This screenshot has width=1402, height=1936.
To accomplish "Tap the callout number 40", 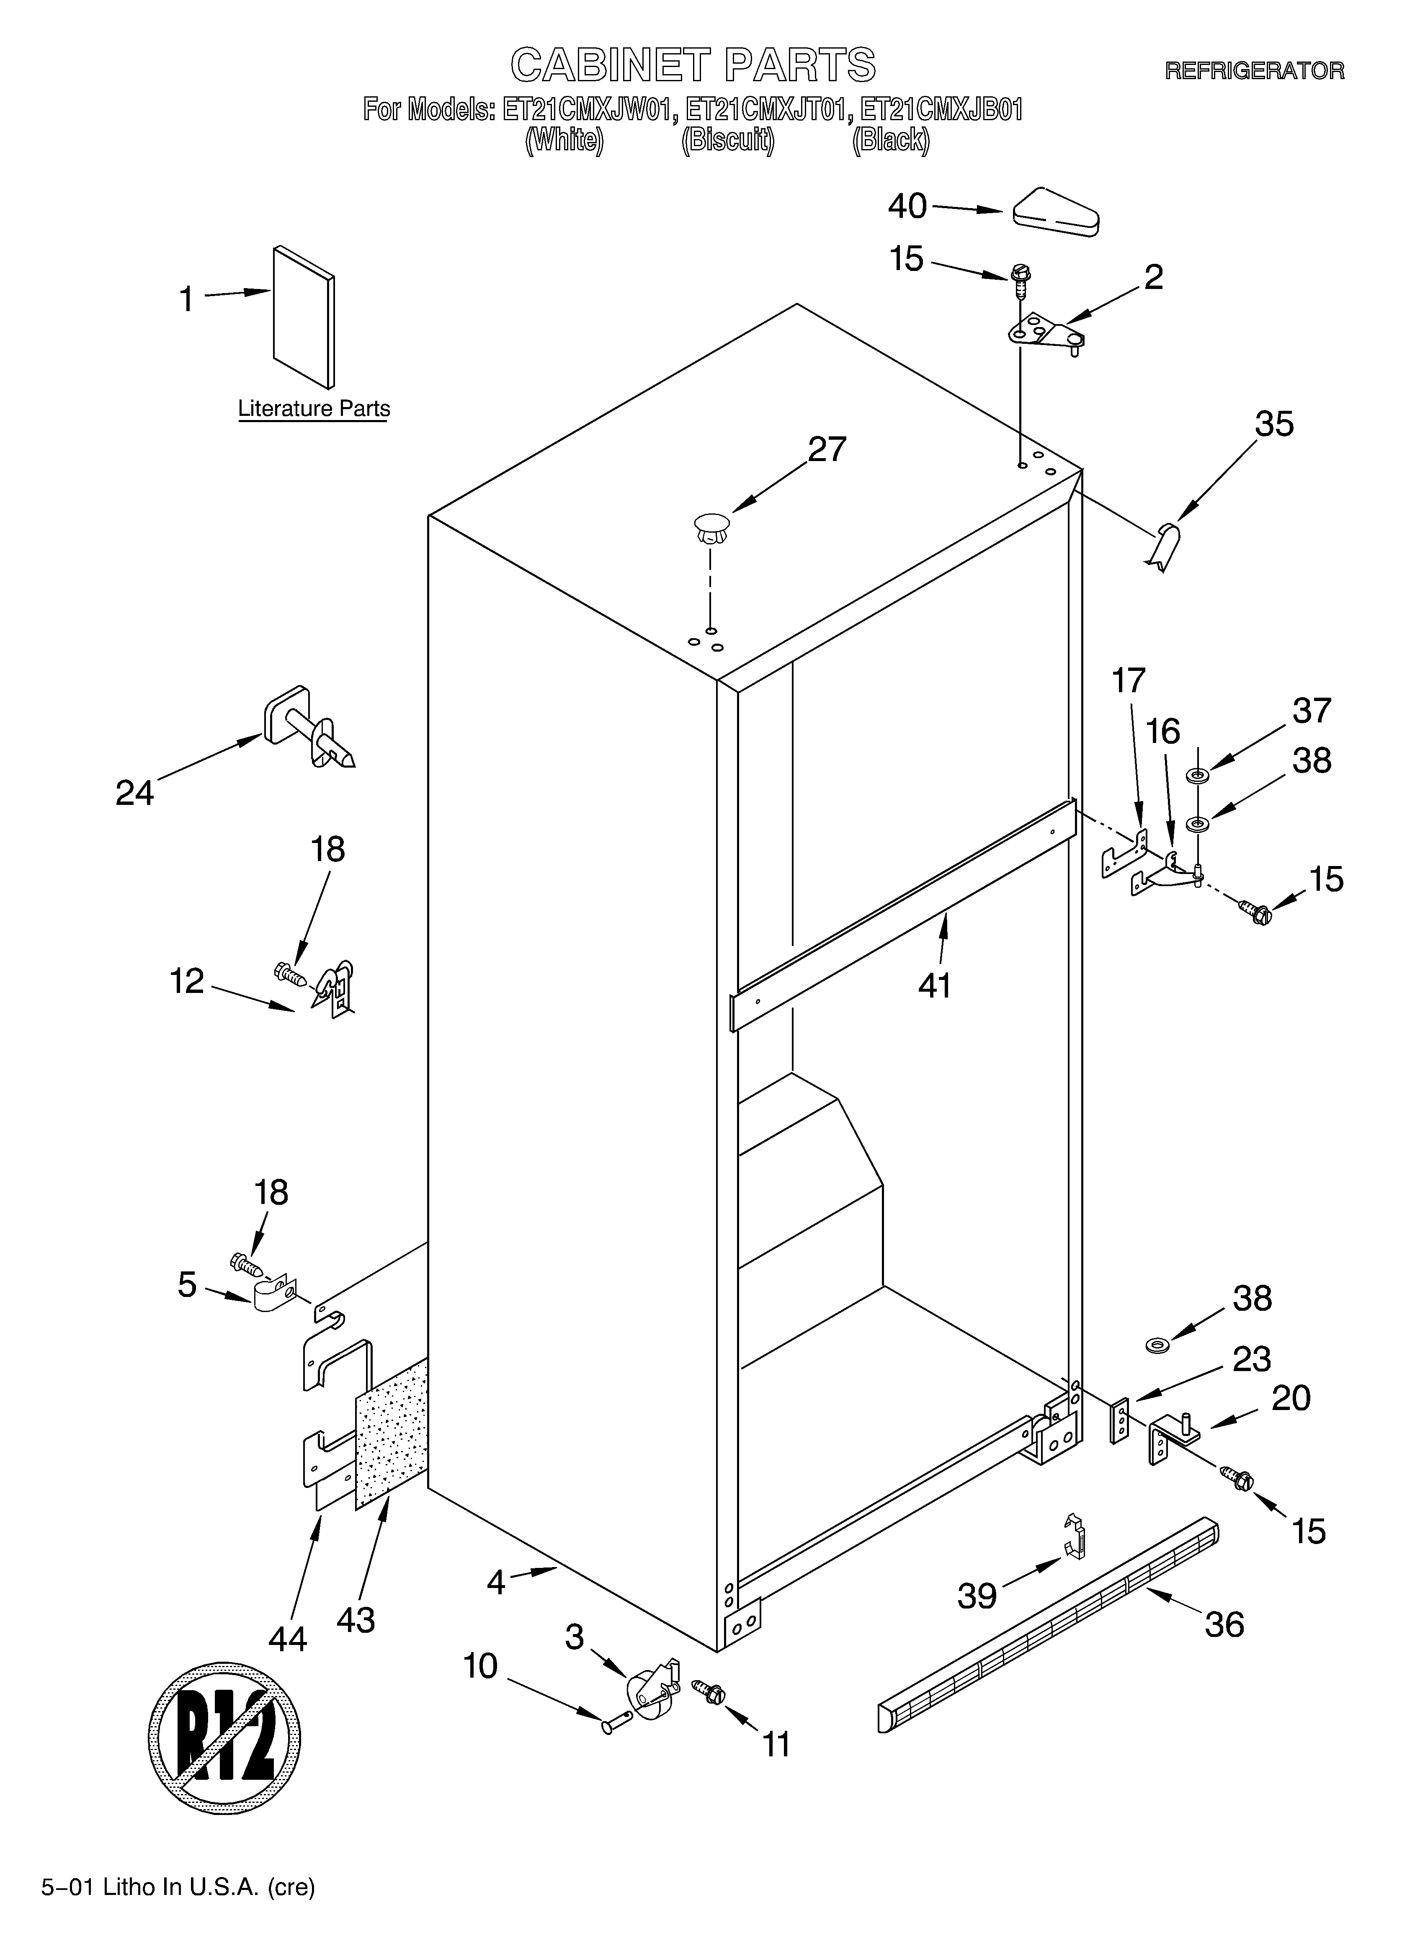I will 907,206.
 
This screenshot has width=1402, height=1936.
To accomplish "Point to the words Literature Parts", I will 313,409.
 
